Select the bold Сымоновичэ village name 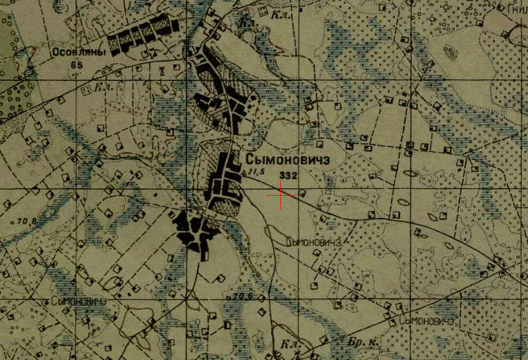pos(287,159)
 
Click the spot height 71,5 pos(257,172)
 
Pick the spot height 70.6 pos(243,296)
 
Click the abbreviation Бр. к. pos(358,343)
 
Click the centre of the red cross pos(280,195)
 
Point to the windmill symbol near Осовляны pos(161,70)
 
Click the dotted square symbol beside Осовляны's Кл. pos(86,91)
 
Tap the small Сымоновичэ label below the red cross pos(313,242)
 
